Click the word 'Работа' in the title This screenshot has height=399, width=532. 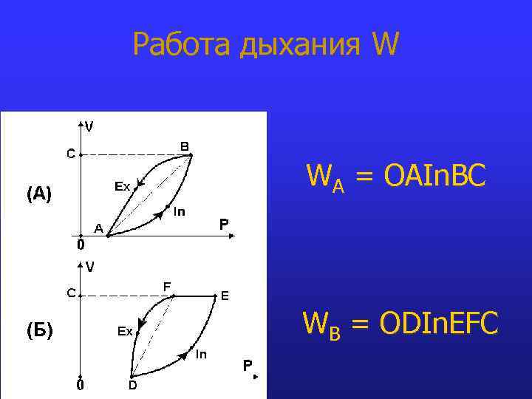(182, 45)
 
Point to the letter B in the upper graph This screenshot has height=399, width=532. (185, 146)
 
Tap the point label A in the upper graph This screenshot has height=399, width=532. (98, 228)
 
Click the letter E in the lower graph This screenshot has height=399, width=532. (225, 296)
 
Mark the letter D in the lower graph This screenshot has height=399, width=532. (133, 385)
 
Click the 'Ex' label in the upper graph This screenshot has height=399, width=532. (122, 186)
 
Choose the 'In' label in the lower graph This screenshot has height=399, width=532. (201, 355)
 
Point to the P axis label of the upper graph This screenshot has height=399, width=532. (224, 223)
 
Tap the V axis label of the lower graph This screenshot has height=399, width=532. (89, 267)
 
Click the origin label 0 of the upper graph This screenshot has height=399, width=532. (81, 243)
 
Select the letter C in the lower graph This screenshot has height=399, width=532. (72, 293)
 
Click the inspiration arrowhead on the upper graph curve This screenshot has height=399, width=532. (157, 214)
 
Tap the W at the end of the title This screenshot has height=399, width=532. (386, 45)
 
